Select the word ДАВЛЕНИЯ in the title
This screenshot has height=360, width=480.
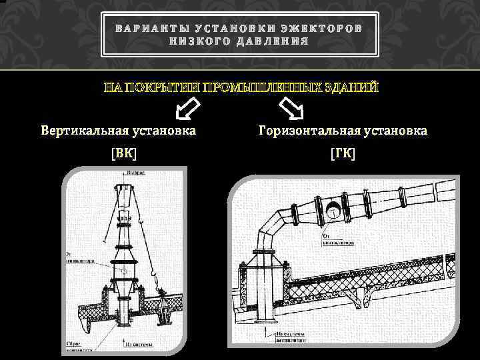[273, 41]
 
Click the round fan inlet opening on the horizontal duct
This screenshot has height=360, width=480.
[333, 213]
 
